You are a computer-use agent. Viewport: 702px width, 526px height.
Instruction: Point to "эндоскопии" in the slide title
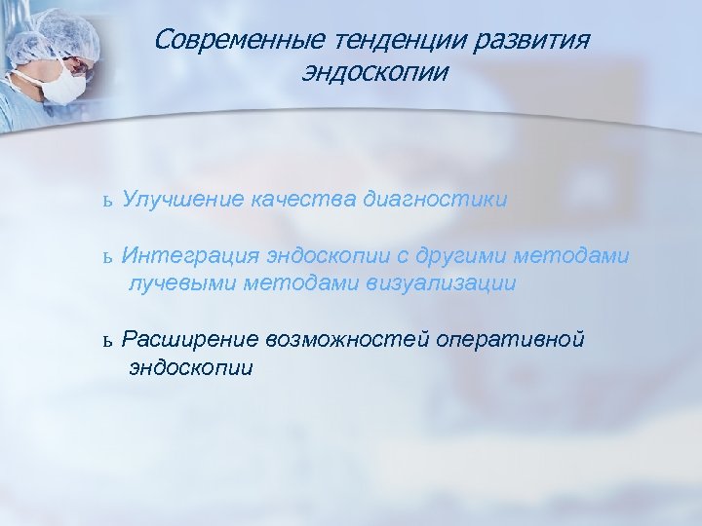(375, 73)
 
